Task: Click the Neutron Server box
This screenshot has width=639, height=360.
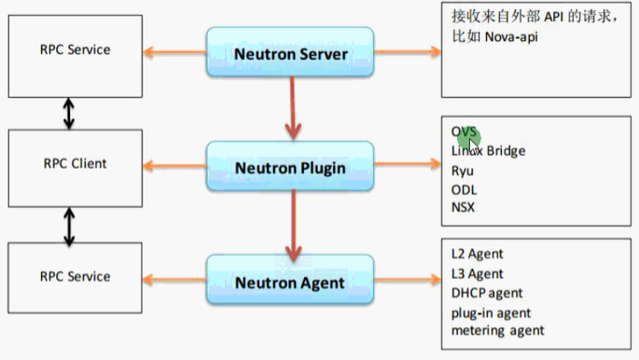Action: click(x=289, y=53)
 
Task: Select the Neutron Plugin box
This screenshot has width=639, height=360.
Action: click(x=289, y=168)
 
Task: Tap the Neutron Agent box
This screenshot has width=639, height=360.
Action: click(x=289, y=282)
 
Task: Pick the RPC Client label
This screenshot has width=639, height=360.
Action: click(x=75, y=163)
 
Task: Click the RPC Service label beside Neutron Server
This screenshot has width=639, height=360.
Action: click(x=75, y=49)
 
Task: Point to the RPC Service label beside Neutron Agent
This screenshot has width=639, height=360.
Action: click(x=75, y=276)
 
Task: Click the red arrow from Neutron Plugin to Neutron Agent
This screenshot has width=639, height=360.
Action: click(x=293, y=224)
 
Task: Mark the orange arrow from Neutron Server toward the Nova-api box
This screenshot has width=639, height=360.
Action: click(x=407, y=52)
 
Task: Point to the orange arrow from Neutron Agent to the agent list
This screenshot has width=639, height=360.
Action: click(x=407, y=280)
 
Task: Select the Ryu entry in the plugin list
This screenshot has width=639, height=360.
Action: click(x=462, y=170)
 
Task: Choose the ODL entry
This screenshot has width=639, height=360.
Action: click(x=464, y=188)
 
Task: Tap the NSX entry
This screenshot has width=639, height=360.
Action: click(x=463, y=206)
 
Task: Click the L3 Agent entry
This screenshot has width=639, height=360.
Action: click(x=478, y=273)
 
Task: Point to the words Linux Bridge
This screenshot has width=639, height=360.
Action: click(x=488, y=151)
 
